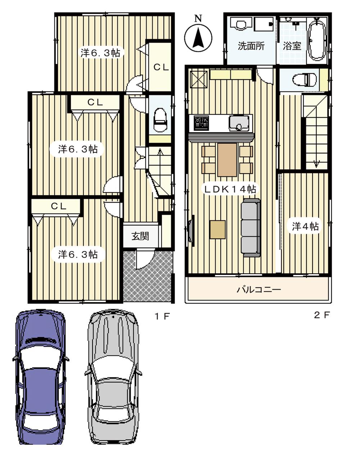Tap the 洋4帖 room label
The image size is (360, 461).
coord(305,227)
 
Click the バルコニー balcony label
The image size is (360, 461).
coord(258,289)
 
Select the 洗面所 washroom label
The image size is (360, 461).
coord(251,46)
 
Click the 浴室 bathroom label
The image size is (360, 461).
coord(292,46)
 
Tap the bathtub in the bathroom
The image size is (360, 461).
coord(318,40)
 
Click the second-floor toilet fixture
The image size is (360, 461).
coord(304,80)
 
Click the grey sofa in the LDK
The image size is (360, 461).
coord(251,228)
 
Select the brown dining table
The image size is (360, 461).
coord(227,160)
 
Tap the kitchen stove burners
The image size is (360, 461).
coord(201,123)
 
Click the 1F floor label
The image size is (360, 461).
coord(162,317)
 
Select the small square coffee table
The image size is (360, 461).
coord(217,229)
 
